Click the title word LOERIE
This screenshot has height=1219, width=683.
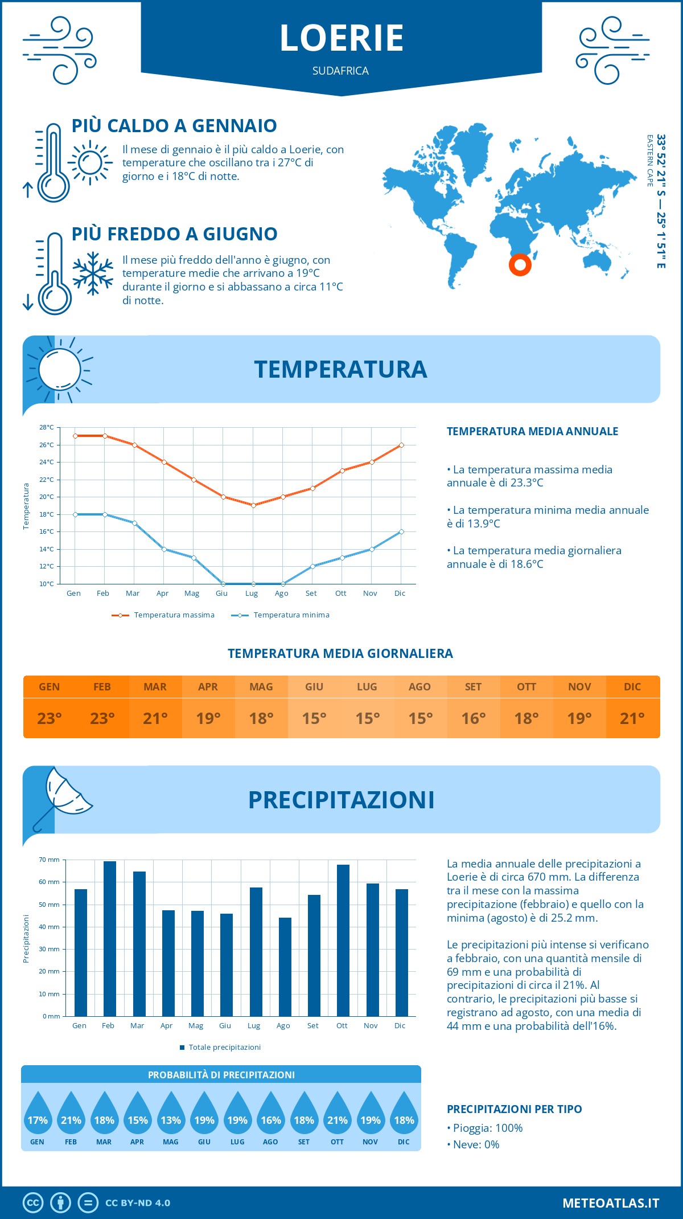341,38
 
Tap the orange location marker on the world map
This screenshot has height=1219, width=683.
520,265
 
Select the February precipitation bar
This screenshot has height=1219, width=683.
110,938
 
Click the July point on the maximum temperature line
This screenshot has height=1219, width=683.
253,505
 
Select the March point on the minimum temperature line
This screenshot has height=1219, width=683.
134,523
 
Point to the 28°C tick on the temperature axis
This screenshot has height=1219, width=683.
47,427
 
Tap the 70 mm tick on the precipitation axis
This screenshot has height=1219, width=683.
50,860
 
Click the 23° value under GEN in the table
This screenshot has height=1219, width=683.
50,718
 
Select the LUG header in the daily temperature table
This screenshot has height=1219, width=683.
367,687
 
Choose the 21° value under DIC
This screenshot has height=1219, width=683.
632,718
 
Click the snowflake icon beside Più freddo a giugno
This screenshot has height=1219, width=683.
93,273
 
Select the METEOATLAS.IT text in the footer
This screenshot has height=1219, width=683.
611,1202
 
